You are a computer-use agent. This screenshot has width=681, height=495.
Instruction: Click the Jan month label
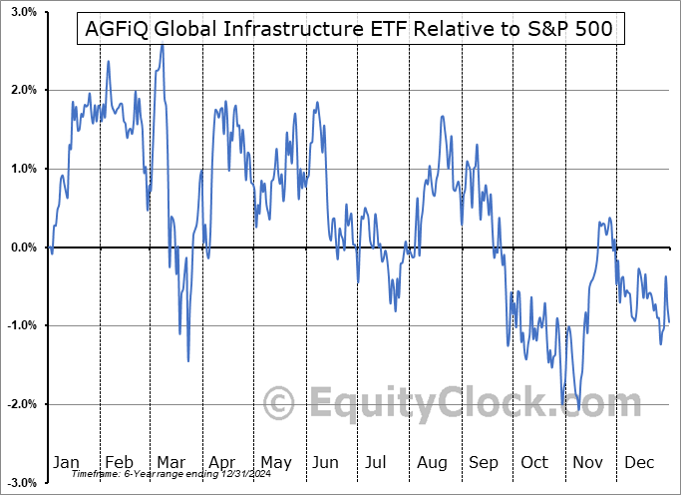tap(66, 463)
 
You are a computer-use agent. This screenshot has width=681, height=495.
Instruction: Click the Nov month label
tap(588, 463)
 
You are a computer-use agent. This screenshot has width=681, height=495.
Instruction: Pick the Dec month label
tap(639, 463)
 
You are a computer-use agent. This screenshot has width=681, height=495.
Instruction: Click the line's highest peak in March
tap(162, 45)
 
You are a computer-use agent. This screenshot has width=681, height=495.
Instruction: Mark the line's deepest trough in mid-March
tap(187, 360)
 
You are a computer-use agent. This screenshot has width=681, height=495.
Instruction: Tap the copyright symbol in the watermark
tap(281, 403)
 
